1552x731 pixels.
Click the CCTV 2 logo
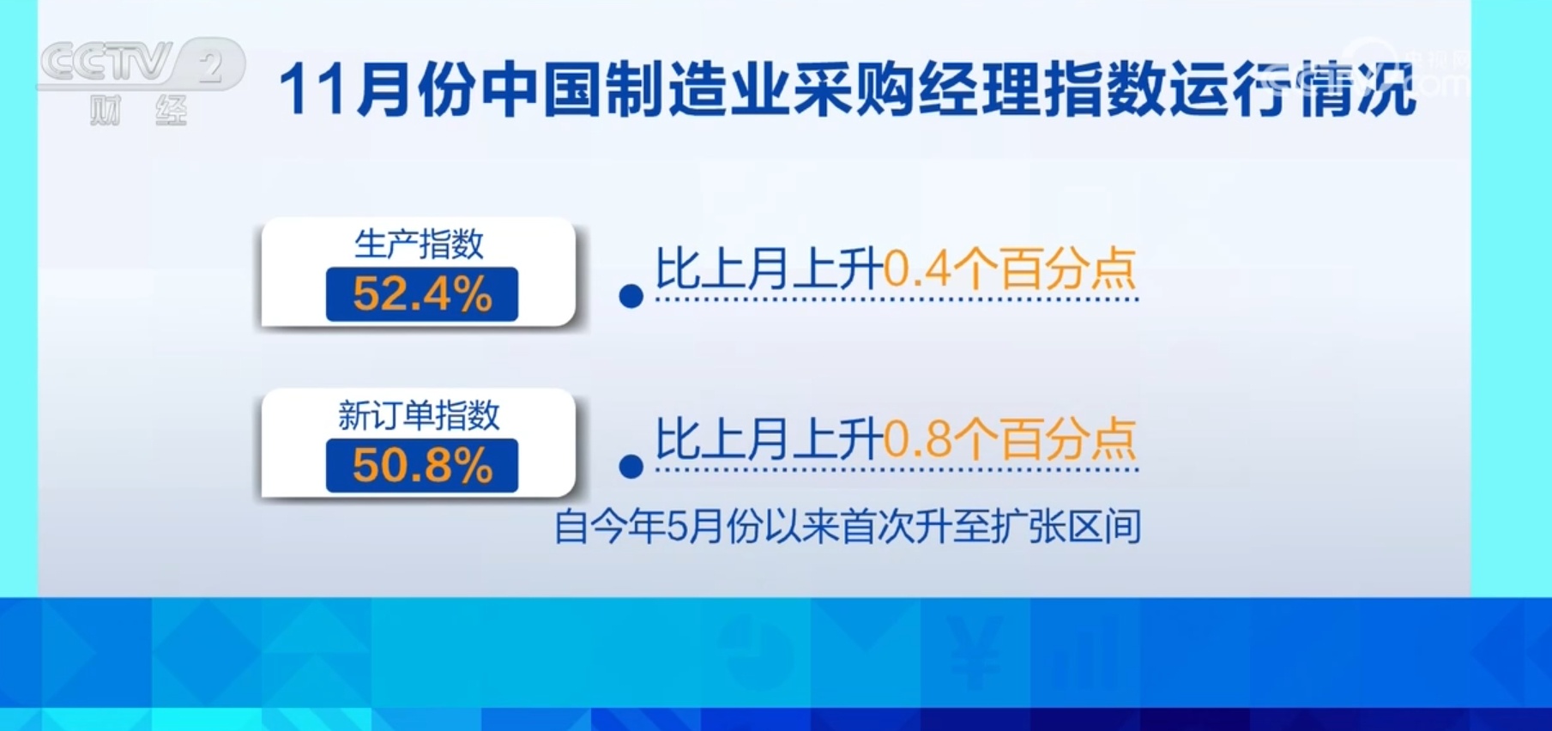pos(142,63)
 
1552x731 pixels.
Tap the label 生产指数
pos(419,245)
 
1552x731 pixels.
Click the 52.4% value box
pos(422,294)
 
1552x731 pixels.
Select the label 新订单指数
pos(419,415)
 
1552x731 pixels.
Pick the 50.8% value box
pos(422,466)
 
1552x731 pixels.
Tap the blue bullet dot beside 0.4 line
pos(631,297)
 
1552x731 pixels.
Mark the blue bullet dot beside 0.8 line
pos(631,467)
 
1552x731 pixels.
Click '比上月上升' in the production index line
pos(769,269)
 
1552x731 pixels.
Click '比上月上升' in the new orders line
pos(769,439)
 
